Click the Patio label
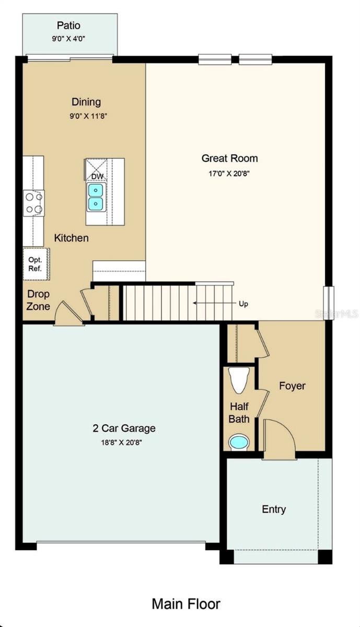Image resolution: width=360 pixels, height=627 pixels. pyautogui.click(x=69, y=25)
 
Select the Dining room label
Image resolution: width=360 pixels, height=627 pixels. pyautogui.click(x=86, y=102)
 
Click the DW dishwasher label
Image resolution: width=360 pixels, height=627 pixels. pyautogui.click(x=97, y=177)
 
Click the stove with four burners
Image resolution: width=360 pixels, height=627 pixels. pyautogui.click(x=34, y=203)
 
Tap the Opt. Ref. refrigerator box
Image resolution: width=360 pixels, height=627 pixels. pyautogui.click(x=36, y=264)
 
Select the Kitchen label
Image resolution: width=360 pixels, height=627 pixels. pyautogui.click(x=72, y=238)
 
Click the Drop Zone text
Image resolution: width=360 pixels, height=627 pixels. pyautogui.click(x=39, y=300)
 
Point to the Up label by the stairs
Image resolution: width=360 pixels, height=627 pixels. pyautogui.click(x=243, y=304)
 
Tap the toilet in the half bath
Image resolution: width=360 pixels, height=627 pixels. pyautogui.click(x=240, y=381)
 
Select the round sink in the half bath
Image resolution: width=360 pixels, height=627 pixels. pyautogui.click(x=240, y=442)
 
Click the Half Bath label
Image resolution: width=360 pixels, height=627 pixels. pyautogui.click(x=239, y=413)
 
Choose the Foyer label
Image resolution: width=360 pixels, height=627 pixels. pyautogui.click(x=292, y=386)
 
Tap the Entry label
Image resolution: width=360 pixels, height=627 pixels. pyautogui.click(x=274, y=509)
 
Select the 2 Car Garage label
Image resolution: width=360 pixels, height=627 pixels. pyautogui.click(x=124, y=428)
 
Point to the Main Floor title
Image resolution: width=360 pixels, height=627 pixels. pyautogui.click(x=186, y=604)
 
